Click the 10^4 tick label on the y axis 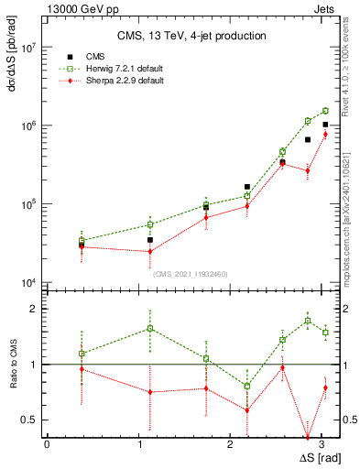(x=27, y=282)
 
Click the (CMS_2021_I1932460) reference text (x=191, y=273)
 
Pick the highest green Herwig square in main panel (x=325, y=111)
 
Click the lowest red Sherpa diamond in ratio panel (x=308, y=437)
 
